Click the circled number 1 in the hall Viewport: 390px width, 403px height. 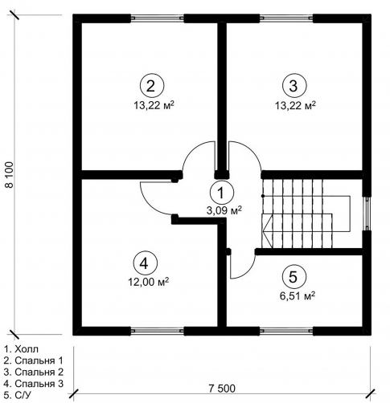222,193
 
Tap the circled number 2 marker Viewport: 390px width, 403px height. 151,86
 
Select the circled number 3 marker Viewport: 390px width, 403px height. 294,86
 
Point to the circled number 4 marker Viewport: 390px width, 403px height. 144,264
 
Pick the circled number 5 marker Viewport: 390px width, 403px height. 294,277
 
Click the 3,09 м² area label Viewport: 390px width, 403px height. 224,210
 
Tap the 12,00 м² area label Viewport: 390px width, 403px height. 149,282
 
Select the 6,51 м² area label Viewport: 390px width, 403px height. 297,295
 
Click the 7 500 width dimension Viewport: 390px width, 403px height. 222,389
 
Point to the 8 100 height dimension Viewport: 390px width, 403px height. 10,175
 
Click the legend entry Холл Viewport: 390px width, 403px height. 21,349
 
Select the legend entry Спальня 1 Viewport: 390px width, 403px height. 34,360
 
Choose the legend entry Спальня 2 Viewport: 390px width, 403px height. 34,372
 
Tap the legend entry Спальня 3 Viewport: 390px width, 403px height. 34,384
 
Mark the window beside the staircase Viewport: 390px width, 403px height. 367,214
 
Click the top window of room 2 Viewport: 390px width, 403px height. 158,18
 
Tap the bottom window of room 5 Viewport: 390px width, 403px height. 286,331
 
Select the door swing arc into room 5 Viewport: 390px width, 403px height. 248,271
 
